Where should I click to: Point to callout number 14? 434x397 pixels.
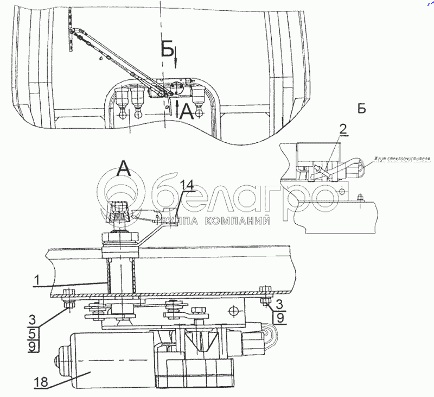186,185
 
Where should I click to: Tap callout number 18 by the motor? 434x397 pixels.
42,382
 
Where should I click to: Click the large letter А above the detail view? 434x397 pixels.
124,171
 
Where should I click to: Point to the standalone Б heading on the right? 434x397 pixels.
361,108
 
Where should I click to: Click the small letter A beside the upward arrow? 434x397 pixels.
186,111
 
